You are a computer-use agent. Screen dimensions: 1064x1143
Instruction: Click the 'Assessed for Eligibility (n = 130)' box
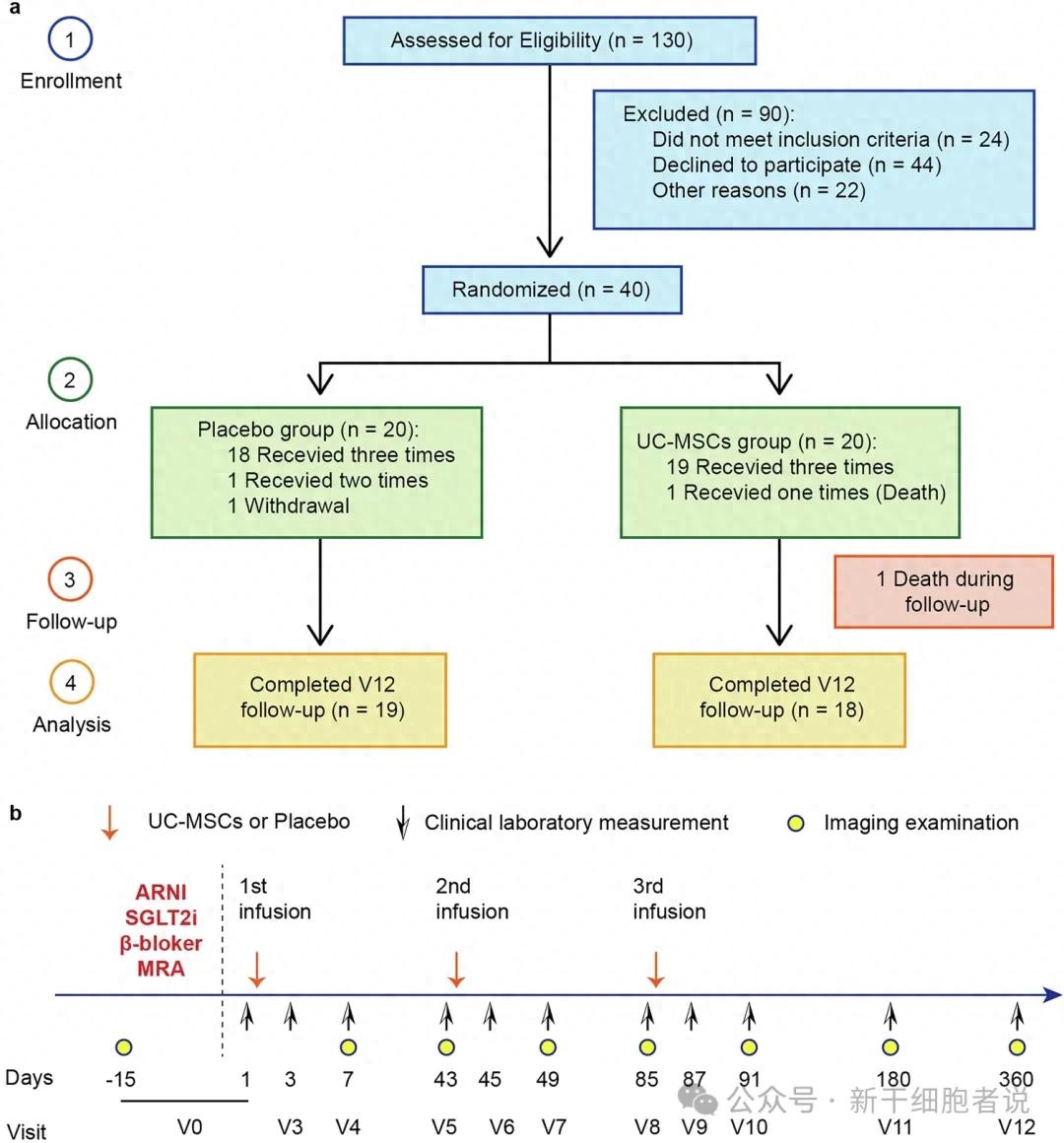pyautogui.click(x=550, y=40)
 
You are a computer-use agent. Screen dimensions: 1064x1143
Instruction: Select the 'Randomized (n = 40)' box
pyautogui.click(x=552, y=290)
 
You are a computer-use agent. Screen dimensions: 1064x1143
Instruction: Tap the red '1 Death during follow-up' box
pyautogui.click(x=944, y=591)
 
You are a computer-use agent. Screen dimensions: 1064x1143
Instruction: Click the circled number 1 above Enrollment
pyautogui.click(x=70, y=38)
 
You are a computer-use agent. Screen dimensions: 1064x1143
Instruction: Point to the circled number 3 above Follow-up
pyautogui.click(x=70, y=579)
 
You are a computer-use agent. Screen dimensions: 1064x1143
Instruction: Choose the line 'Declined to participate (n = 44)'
pyautogui.click(x=797, y=165)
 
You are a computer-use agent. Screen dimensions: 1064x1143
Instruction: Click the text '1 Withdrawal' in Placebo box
pyautogui.click(x=288, y=505)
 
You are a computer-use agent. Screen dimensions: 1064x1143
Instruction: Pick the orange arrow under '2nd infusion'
pyautogui.click(x=456, y=970)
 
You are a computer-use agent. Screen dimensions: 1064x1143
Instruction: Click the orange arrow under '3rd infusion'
pyautogui.click(x=656, y=970)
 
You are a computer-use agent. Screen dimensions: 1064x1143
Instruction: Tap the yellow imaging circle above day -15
pyautogui.click(x=124, y=1047)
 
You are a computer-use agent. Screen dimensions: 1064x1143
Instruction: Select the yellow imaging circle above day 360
pyautogui.click(x=1018, y=1047)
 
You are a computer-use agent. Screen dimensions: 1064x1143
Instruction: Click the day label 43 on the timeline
pyautogui.click(x=445, y=1079)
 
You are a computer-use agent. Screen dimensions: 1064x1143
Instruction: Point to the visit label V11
pyautogui.click(x=895, y=1127)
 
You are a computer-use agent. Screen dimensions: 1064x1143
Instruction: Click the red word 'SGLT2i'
pyautogui.click(x=161, y=917)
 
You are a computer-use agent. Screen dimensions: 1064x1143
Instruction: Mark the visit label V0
pyautogui.click(x=189, y=1127)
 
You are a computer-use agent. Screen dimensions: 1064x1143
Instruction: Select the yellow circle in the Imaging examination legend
pyautogui.click(x=796, y=824)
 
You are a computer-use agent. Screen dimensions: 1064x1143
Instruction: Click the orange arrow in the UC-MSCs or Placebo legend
pyautogui.click(x=109, y=823)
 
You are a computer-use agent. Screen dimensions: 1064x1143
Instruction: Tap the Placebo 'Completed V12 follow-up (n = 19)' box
pyautogui.click(x=320, y=700)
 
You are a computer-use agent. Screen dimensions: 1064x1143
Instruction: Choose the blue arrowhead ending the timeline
pyautogui.click(x=1052, y=994)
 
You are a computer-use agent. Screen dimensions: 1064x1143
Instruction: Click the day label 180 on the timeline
pyautogui.click(x=894, y=1079)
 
